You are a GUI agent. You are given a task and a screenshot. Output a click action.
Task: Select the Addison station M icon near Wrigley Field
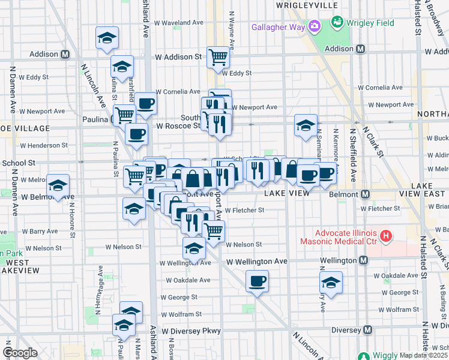coord(360,49)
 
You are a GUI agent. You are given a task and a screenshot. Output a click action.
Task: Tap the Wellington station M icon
coord(364,260)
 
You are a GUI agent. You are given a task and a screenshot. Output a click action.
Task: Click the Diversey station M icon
coord(367,330)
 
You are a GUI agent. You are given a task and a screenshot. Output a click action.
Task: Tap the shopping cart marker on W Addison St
coord(218,58)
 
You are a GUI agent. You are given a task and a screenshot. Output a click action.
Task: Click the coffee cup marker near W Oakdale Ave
coord(257,281)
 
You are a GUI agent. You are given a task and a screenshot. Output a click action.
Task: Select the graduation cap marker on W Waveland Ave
coord(107,38)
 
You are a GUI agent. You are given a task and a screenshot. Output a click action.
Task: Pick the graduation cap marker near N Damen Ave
coord(58,185)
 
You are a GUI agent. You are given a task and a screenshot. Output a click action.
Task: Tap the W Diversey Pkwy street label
coord(190,331)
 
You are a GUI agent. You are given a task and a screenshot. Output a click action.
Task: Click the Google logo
coord(20,353)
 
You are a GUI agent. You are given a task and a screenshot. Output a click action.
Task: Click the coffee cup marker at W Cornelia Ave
coord(145,104)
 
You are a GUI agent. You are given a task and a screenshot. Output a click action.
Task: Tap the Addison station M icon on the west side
coord(64,54)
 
